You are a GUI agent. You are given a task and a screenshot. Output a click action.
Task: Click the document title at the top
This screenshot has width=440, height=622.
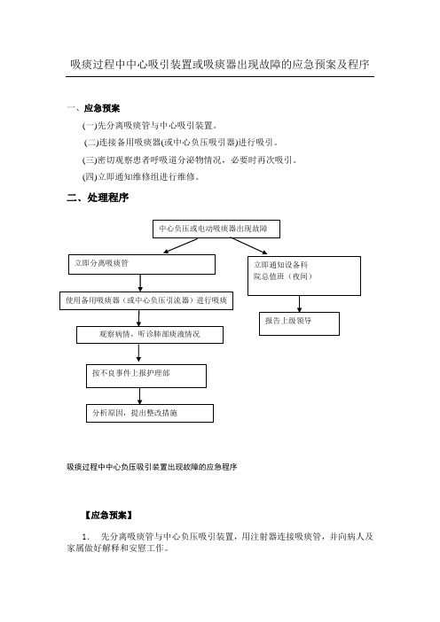tap(220, 65)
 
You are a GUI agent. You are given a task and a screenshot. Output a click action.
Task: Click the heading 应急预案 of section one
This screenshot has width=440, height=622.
tap(102, 108)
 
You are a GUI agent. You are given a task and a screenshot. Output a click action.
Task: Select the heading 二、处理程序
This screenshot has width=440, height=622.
tap(98, 198)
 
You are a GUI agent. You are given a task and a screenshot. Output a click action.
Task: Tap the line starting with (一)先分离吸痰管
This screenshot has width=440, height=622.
tap(150, 126)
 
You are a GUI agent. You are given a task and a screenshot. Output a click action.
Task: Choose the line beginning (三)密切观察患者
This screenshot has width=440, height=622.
tap(190, 159)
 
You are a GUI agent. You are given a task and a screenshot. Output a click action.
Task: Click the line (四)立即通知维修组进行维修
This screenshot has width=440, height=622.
tap(140, 176)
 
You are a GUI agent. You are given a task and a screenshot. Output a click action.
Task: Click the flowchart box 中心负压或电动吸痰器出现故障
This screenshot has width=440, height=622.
tap(216, 229)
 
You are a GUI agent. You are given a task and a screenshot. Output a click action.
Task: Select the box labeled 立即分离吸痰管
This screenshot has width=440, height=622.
tap(142, 264)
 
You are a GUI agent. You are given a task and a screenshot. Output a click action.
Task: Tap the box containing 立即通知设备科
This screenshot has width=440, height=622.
tap(304, 276)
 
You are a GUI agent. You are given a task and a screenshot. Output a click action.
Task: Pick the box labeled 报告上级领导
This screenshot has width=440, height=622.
tap(300, 323)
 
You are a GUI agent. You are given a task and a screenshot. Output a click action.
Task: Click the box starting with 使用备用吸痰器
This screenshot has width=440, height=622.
tap(146, 301)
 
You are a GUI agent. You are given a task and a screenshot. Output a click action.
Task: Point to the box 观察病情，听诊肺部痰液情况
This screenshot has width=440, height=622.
tap(150, 335)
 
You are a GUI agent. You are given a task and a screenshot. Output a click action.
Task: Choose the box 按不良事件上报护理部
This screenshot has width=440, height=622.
tap(146, 376)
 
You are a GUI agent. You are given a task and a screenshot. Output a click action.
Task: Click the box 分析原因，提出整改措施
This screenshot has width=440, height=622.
tap(150, 414)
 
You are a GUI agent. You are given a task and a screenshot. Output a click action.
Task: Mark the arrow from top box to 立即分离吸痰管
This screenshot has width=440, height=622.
tap(181, 245)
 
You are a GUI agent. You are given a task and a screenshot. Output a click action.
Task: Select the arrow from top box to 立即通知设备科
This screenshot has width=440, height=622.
tap(249, 245)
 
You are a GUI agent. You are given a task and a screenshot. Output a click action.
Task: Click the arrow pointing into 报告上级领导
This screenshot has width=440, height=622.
tap(300, 304)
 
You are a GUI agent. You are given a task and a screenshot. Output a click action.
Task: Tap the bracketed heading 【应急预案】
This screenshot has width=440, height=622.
tap(108, 516)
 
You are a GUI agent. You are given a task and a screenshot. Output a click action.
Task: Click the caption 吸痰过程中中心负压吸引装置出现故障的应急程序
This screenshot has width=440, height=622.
tap(152, 467)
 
